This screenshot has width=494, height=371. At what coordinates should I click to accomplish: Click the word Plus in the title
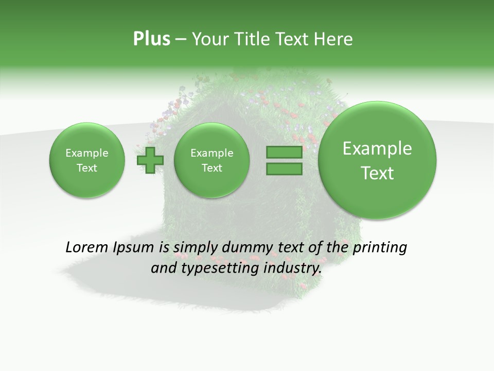point(151,39)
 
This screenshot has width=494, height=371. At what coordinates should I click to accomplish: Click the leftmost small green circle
point(87,160)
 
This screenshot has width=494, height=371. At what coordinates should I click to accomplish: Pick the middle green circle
point(211,160)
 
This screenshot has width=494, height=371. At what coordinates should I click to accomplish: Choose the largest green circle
point(377,160)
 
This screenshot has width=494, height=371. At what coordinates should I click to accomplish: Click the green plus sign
point(150,160)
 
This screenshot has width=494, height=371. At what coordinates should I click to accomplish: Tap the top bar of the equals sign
point(284,153)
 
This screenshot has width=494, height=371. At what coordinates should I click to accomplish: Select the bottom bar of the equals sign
point(284,168)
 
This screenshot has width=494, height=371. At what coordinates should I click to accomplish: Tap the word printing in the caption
point(380,248)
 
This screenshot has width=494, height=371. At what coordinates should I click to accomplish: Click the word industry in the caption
point(292,268)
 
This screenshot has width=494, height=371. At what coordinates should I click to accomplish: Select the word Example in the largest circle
point(377,148)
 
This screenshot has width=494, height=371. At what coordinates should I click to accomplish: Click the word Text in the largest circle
point(377,173)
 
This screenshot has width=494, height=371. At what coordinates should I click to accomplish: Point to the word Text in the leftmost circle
point(87,168)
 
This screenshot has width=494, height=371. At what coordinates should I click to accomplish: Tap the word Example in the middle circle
point(211,153)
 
